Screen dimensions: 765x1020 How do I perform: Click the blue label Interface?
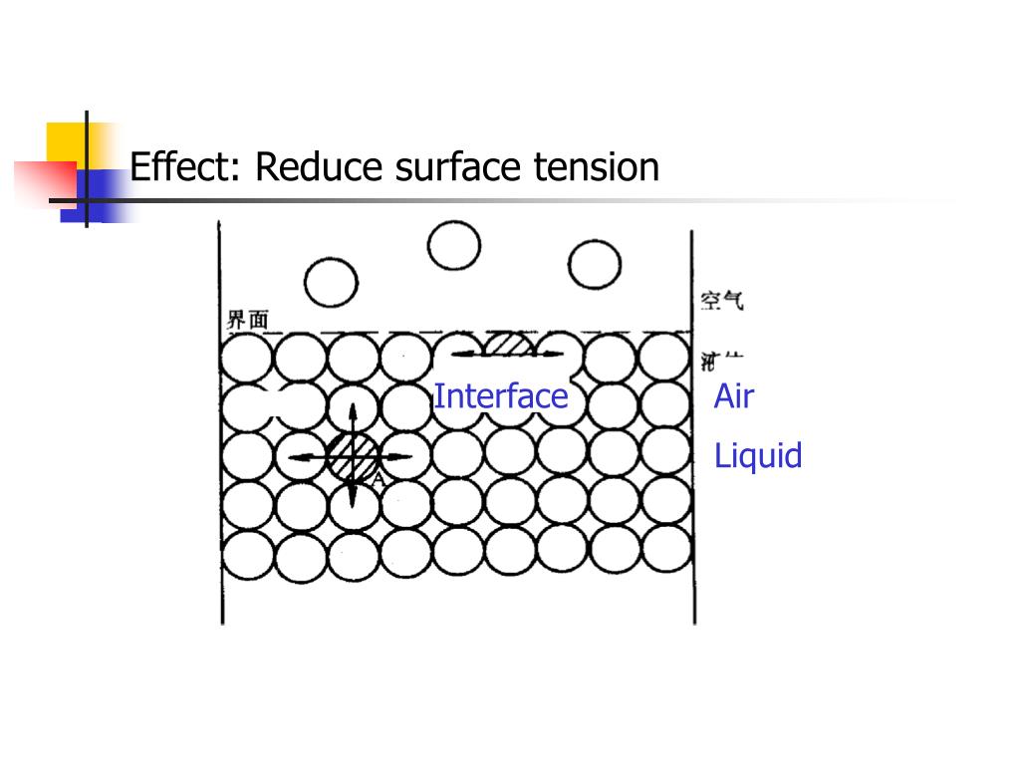tap(500, 396)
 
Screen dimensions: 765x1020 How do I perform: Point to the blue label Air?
tap(734, 396)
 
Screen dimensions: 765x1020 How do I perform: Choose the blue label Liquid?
tap(758, 456)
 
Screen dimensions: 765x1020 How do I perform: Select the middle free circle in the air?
tap(453, 244)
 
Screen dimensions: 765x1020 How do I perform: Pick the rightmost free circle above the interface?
tap(595, 265)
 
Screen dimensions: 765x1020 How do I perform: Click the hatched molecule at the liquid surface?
tap(510, 345)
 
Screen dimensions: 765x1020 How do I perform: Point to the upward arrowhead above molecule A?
tap(354, 406)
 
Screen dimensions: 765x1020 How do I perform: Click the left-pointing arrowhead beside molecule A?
tap(293, 457)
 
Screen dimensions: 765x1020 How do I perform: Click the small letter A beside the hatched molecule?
tap(378, 480)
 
